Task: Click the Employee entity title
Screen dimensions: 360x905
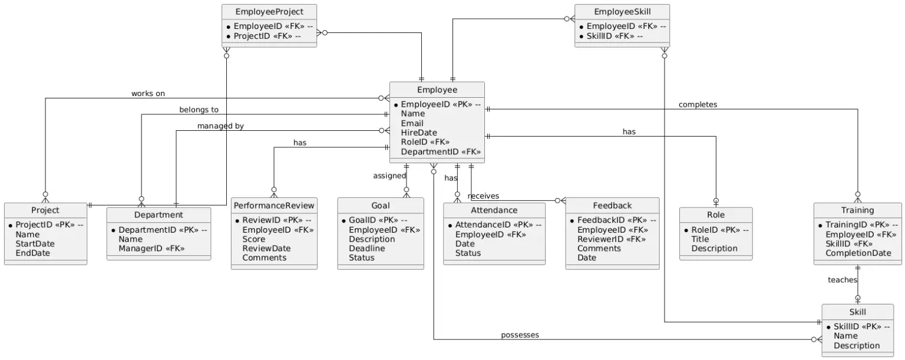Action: point(437,90)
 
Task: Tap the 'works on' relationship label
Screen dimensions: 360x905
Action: point(148,94)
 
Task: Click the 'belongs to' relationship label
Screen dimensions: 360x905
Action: point(199,110)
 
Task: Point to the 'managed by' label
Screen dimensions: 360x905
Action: point(220,125)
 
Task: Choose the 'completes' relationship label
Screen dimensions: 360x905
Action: point(698,104)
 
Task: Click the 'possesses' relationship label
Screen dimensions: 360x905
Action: point(520,335)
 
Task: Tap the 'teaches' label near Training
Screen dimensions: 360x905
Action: point(842,280)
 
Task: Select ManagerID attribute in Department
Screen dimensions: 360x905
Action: point(151,248)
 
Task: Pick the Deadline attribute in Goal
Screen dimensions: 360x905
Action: point(366,248)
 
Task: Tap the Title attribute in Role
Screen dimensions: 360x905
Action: point(700,239)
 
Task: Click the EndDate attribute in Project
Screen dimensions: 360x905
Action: point(32,253)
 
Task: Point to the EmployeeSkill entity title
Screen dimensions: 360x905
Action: point(622,12)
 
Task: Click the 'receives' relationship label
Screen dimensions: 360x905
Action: point(483,196)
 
